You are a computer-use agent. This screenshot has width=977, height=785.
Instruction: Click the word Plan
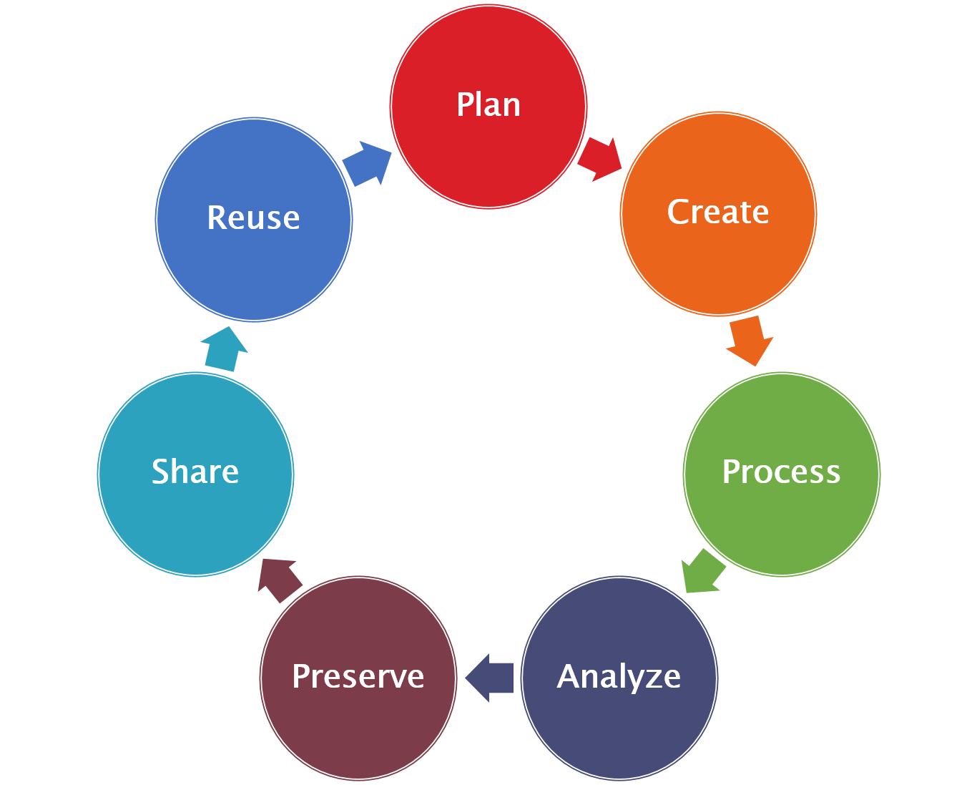[488, 105]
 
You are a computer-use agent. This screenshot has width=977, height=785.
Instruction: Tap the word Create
[717, 212]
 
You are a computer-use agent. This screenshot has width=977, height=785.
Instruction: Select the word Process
[781, 472]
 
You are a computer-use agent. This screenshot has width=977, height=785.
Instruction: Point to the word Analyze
[619, 677]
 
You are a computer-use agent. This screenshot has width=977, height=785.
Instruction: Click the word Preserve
[358, 677]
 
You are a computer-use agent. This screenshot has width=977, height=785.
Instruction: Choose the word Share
[195, 472]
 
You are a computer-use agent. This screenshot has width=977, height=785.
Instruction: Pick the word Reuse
[253, 218]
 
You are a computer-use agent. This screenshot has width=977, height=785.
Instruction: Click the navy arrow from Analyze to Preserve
[491, 677]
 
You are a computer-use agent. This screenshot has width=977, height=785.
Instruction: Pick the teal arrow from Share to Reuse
[222, 348]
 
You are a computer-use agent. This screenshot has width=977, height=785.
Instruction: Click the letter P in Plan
[466, 105]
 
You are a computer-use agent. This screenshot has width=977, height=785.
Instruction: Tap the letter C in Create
[678, 212]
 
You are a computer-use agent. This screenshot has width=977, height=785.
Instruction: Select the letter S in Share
[162, 472]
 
